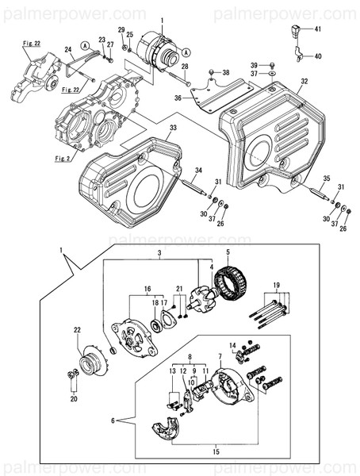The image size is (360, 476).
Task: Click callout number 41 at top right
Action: [318, 29]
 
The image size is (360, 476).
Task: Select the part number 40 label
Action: [318, 56]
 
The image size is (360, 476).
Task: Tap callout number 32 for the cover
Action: [304, 81]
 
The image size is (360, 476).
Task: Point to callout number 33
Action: [174, 127]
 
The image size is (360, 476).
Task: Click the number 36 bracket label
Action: [178, 98]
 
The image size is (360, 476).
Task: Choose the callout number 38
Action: [226, 72]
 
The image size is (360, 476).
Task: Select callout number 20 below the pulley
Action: [74, 399]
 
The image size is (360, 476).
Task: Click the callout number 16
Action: [147, 290]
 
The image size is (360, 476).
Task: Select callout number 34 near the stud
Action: [199, 170]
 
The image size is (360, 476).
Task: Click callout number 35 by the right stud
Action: [327, 179]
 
